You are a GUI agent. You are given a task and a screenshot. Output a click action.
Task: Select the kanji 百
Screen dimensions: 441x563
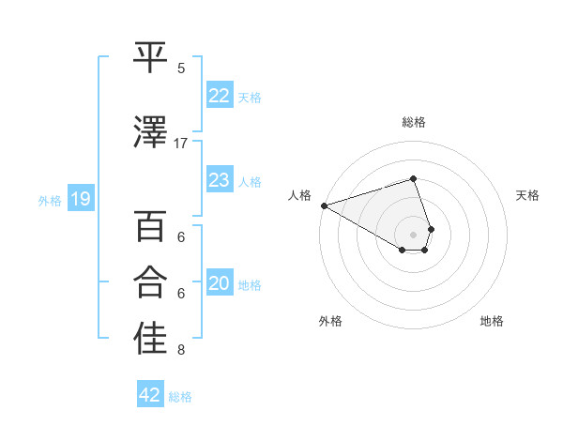pos(151,227)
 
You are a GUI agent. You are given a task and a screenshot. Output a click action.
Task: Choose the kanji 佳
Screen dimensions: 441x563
pos(151,339)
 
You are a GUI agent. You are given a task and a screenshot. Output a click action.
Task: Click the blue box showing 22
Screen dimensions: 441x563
pos(220,96)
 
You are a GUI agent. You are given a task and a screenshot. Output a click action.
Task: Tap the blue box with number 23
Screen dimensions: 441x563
pos(220,180)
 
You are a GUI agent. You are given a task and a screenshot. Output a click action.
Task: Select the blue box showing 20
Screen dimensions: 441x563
pos(220,284)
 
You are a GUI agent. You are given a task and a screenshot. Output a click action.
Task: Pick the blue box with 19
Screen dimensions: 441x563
pos(81,199)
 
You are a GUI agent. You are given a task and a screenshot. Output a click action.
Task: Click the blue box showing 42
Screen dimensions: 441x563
pos(150,395)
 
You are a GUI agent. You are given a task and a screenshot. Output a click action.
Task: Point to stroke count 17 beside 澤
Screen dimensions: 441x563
pos(181,143)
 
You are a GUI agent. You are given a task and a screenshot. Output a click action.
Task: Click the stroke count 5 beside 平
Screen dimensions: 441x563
pos(181,68)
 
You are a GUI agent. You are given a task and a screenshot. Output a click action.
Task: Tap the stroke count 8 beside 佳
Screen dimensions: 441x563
pos(181,351)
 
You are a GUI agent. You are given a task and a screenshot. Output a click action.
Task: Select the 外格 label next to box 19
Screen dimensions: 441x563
pos(50,200)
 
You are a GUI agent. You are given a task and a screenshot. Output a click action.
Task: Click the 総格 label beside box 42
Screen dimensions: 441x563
pos(180,396)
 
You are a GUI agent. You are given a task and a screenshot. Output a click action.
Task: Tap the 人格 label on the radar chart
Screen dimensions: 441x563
pos(300,195)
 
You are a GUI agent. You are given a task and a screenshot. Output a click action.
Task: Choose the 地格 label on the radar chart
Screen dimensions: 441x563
pos(492,321)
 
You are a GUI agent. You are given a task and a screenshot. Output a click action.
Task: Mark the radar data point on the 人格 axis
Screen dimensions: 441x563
pos(324,205)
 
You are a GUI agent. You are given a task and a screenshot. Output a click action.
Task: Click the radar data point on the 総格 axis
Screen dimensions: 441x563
pos(413,178)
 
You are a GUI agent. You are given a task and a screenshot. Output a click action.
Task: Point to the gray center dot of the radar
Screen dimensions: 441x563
pos(413,234)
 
